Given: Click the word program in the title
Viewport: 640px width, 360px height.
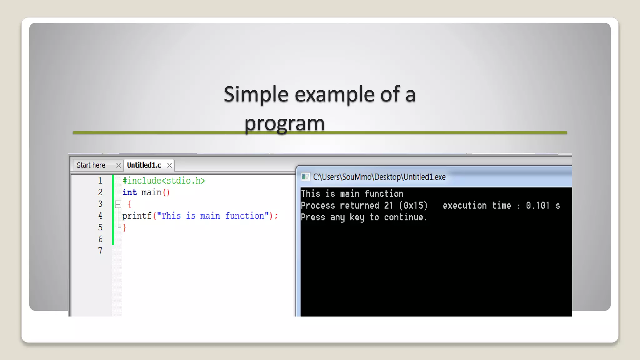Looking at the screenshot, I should (284, 123).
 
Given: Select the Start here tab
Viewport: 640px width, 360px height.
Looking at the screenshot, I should (91, 165).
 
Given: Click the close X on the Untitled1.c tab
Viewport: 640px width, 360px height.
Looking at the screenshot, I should (169, 165).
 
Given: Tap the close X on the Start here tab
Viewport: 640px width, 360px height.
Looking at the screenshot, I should (118, 165).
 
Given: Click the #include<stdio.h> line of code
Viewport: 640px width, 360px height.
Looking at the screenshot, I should (164, 181).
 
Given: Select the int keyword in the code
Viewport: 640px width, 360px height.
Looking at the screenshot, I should (129, 192).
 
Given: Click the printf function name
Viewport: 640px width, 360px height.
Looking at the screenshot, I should (137, 216).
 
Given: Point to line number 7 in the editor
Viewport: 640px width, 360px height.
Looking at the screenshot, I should (100, 251).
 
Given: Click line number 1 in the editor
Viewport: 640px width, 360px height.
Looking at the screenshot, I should (100, 181).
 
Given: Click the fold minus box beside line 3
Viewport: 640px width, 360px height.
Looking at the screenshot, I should (118, 204).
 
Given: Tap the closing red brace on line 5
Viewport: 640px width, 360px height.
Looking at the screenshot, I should (124, 227).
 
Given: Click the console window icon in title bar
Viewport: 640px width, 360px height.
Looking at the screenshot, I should (305, 177).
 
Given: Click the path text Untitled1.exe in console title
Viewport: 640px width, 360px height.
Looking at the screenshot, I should (424, 177).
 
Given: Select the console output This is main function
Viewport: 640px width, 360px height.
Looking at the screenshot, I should (352, 194).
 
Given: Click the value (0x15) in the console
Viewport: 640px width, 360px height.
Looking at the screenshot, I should (413, 206).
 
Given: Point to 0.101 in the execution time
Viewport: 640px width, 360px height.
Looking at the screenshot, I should (537, 206).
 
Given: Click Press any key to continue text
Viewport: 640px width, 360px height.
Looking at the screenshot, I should (364, 217).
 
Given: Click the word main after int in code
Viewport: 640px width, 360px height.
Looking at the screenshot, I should (151, 192).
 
